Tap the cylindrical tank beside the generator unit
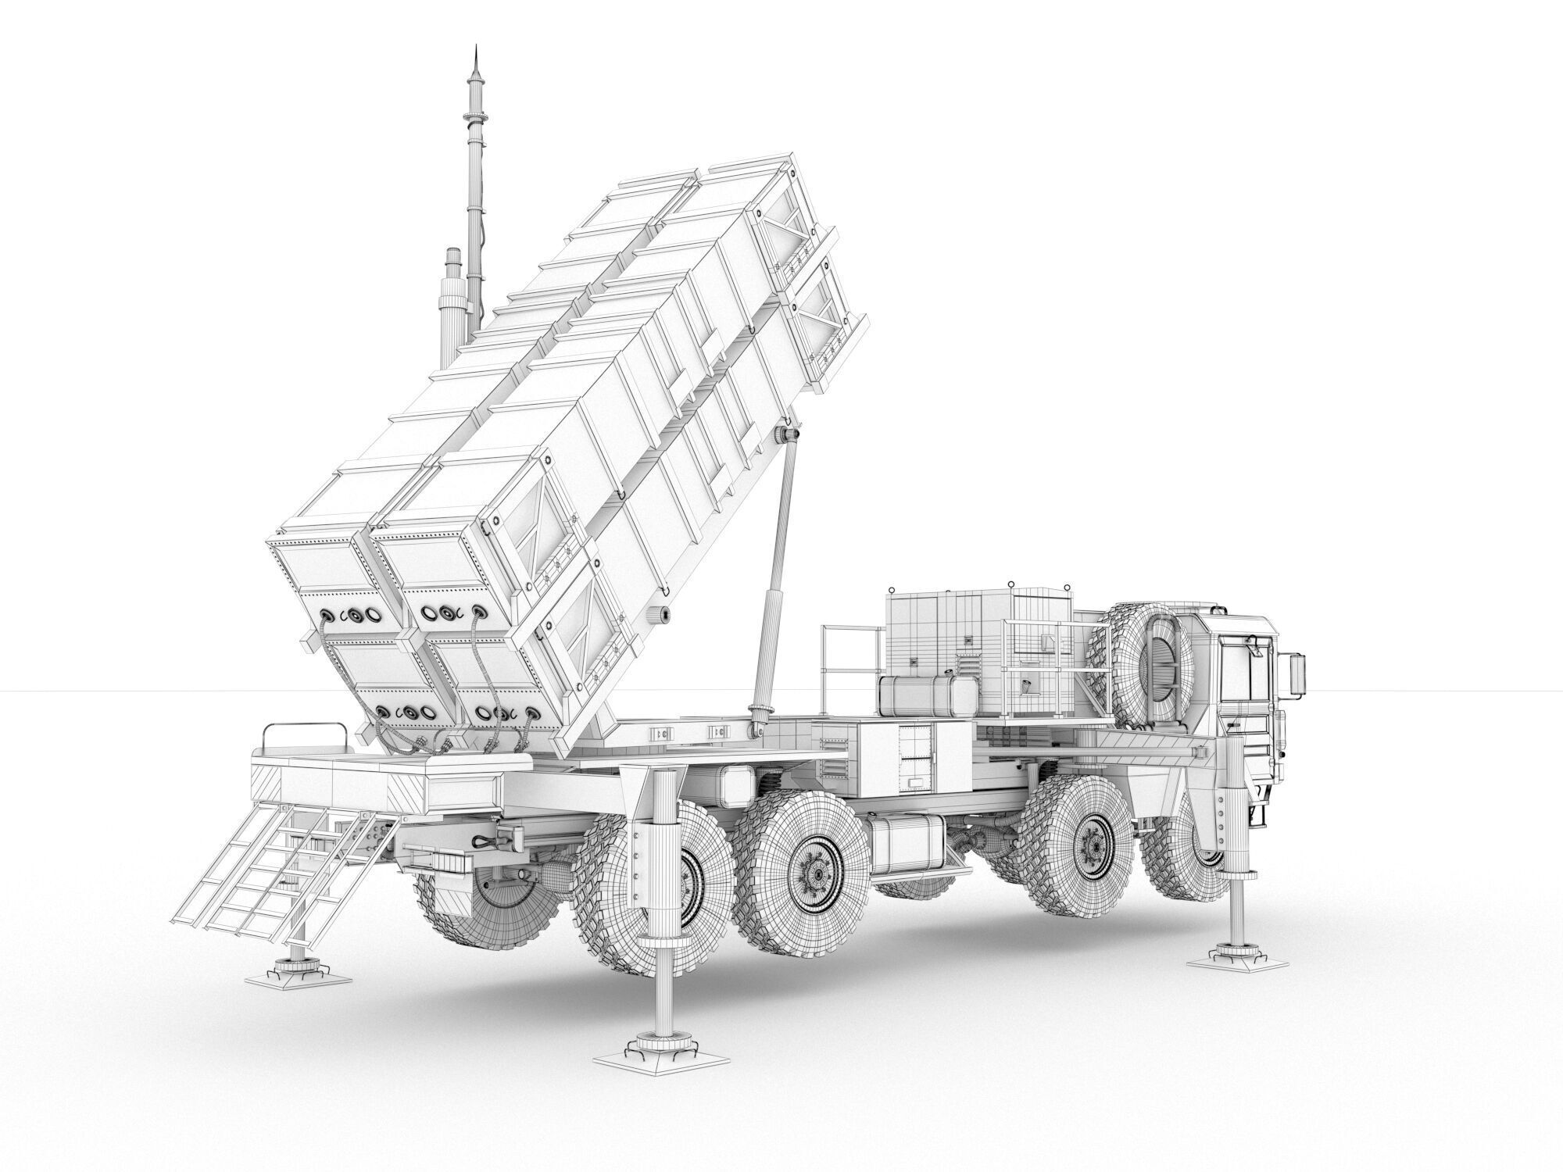pyautogui.click(x=926, y=696)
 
